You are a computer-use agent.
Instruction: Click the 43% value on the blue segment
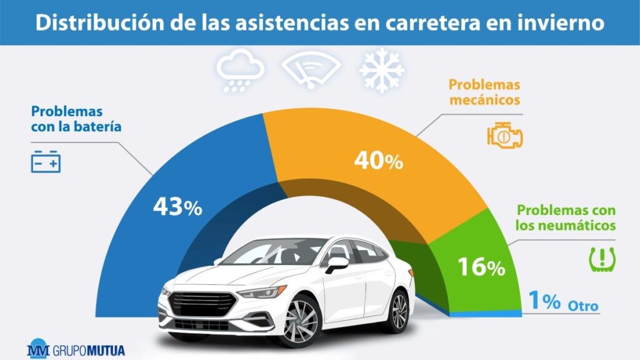click(x=178, y=207)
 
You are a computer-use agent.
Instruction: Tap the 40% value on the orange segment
click(x=378, y=161)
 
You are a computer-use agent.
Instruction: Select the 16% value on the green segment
click(x=481, y=267)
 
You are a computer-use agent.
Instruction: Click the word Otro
click(x=583, y=306)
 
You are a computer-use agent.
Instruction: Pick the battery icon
click(x=46, y=161)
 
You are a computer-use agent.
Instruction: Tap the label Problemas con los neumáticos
click(x=566, y=217)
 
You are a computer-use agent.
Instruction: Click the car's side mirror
click(x=336, y=263)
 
